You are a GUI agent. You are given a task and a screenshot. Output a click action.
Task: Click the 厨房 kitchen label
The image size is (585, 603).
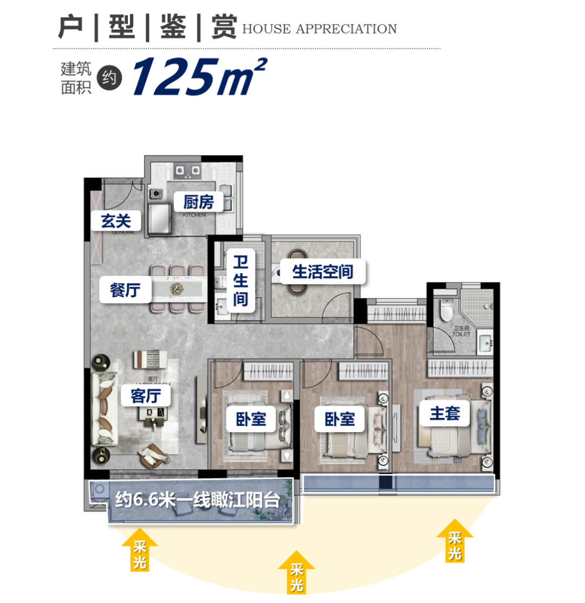click(x=198, y=203)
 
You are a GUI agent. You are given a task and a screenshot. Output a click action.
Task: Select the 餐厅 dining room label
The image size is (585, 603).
click(x=125, y=290)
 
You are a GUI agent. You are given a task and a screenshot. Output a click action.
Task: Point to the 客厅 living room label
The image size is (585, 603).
click(x=146, y=395)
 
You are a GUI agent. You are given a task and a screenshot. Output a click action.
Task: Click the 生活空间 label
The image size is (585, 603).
click(x=322, y=271)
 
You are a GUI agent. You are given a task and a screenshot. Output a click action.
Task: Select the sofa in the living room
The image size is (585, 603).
click(x=104, y=409)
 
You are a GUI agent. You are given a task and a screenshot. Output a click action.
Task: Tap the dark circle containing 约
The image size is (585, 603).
click(x=109, y=79)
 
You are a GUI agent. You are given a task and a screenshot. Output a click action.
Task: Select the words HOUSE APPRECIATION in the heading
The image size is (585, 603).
click(x=319, y=29)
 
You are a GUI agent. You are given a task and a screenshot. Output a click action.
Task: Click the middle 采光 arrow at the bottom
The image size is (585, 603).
click(x=296, y=572)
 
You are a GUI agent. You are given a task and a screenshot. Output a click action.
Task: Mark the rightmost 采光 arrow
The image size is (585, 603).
click(x=454, y=540)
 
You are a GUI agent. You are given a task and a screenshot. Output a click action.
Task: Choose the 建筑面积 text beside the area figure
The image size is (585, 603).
click(x=76, y=79)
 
